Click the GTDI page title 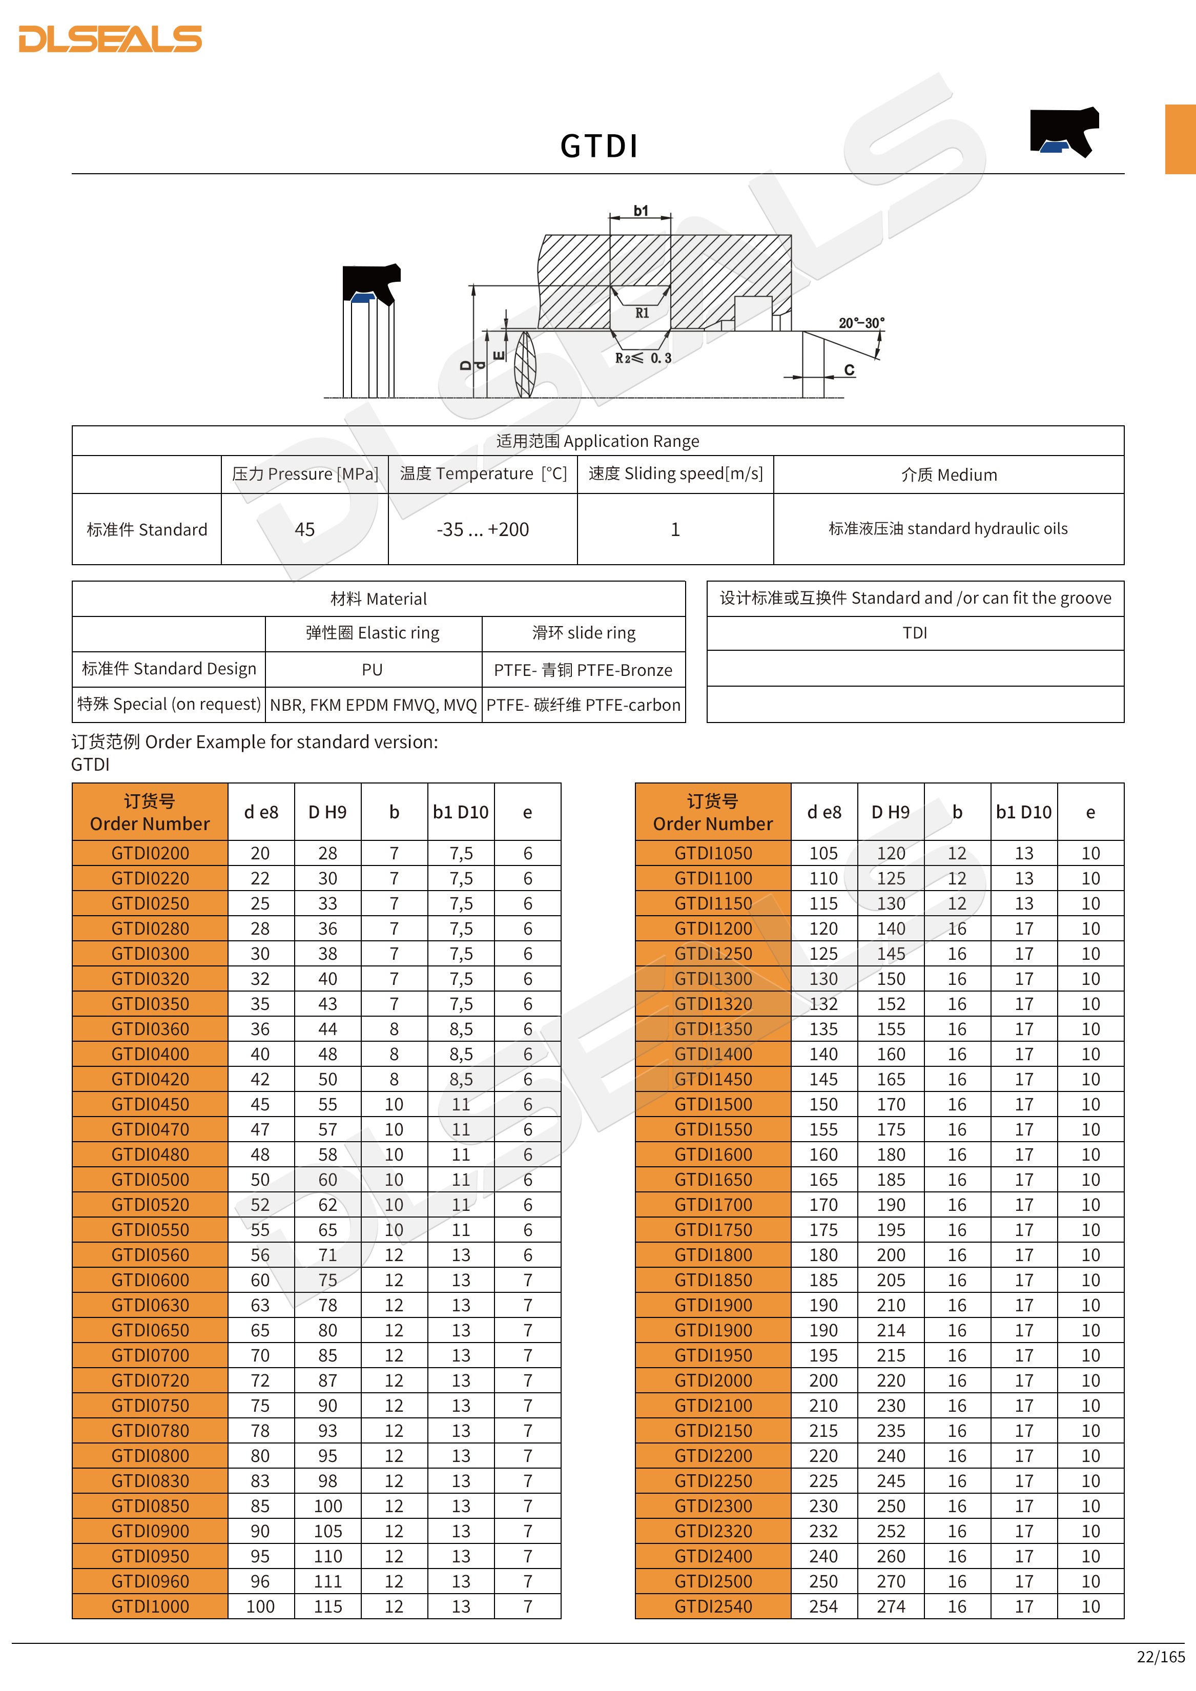click(599, 146)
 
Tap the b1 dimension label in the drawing click(641, 211)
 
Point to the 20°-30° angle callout click(861, 323)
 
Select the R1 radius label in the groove click(642, 313)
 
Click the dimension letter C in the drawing click(849, 370)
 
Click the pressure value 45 click(304, 529)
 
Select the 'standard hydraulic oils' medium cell click(948, 529)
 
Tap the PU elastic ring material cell click(372, 669)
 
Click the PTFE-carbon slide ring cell click(583, 705)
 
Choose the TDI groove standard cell click(915, 633)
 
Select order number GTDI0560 click(150, 1255)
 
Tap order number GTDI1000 click(150, 1606)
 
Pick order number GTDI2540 click(713, 1606)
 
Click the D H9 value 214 click(891, 1330)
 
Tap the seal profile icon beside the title click(1064, 132)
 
